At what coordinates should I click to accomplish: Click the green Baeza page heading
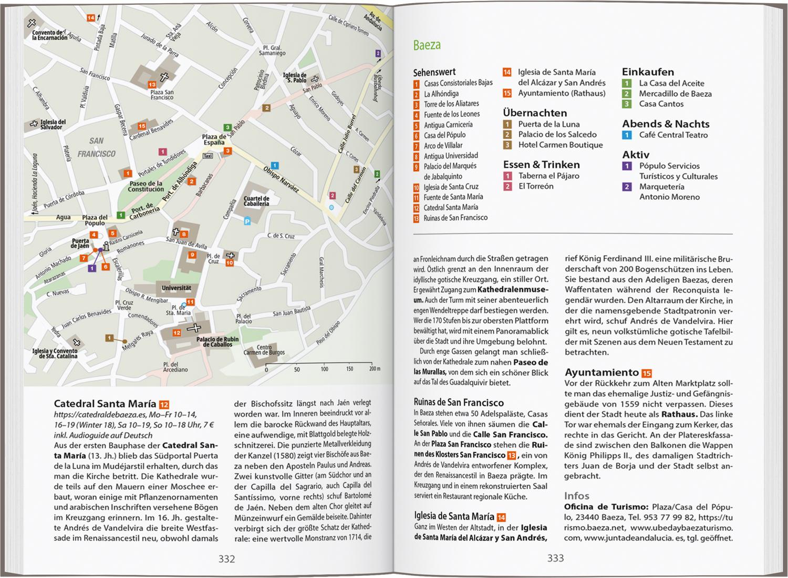(427, 45)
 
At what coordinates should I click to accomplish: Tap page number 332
(226, 559)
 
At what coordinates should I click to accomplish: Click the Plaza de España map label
(214, 140)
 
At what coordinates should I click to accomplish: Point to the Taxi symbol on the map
(208, 156)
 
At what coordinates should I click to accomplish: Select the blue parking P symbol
(247, 222)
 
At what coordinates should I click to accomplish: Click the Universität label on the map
(176, 288)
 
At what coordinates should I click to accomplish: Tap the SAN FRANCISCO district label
(96, 147)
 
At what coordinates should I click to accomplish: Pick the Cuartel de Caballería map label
(256, 201)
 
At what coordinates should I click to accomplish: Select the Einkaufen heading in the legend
(648, 72)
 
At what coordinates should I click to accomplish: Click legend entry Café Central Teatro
(673, 135)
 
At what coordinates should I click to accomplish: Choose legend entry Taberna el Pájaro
(548, 176)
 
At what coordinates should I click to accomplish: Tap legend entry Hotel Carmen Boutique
(560, 145)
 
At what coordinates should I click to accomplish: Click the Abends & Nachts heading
(666, 124)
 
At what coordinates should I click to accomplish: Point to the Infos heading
(577, 496)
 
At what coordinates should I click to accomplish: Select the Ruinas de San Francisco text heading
(459, 403)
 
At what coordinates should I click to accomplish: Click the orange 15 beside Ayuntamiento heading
(647, 373)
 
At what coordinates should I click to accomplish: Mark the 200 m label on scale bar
(374, 369)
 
